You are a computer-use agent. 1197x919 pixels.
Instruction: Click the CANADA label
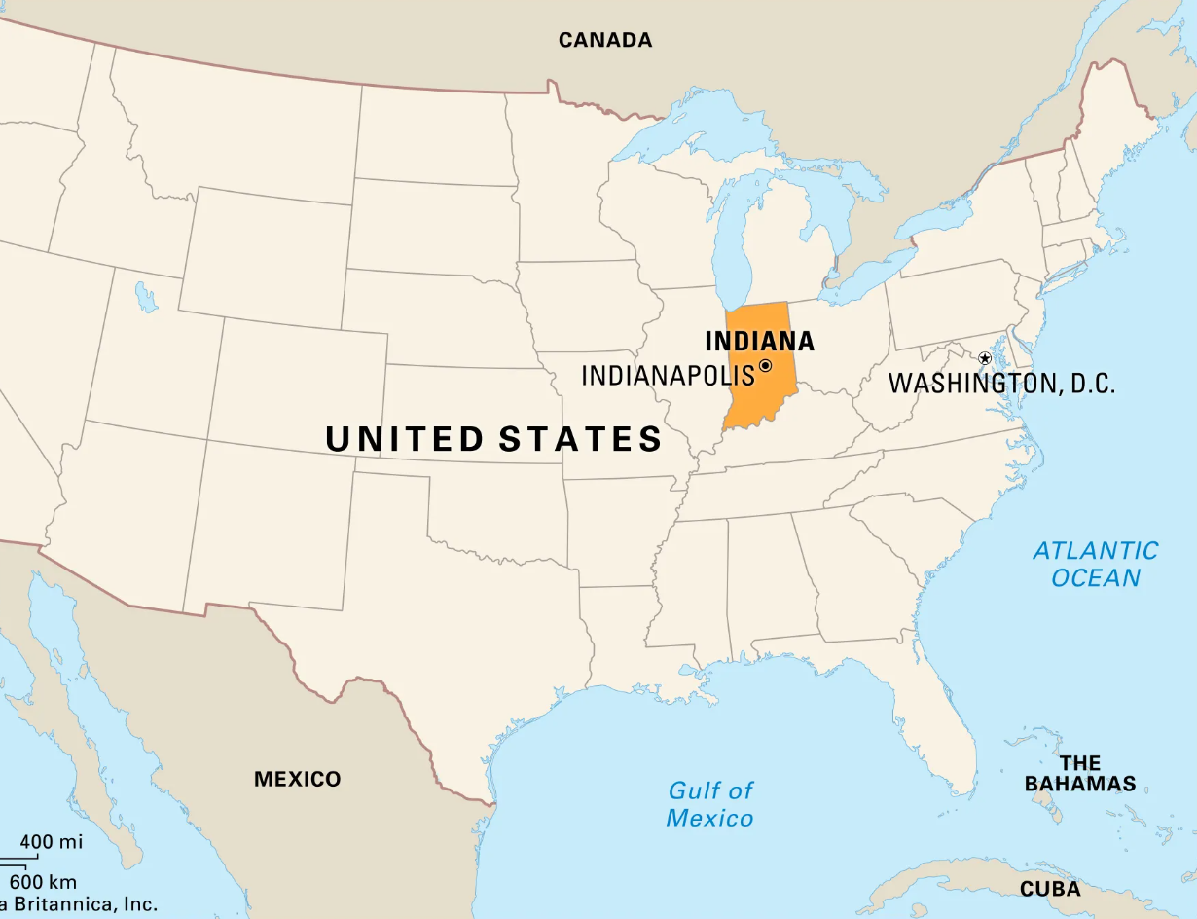click(604, 40)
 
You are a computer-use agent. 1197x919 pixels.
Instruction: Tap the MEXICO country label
click(297, 779)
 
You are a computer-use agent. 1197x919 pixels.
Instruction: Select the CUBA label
click(1050, 889)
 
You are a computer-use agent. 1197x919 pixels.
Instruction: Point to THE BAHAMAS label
click(1080, 773)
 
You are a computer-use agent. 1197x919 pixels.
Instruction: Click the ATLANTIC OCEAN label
click(1096, 564)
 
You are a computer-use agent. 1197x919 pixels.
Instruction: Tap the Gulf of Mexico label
click(709, 804)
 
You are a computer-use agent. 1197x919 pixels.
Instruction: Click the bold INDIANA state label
click(759, 342)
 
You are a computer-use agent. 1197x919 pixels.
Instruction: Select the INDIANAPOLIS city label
click(668, 375)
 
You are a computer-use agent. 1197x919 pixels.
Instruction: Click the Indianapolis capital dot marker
click(765, 366)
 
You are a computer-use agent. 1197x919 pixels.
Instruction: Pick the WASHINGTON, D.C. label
click(1001, 383)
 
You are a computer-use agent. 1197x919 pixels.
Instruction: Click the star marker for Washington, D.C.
click(984, 359)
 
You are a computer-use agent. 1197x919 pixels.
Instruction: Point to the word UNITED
click(404, 439)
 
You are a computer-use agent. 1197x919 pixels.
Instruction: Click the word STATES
click(580, 439)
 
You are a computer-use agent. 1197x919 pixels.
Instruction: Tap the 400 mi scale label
click(51, 842)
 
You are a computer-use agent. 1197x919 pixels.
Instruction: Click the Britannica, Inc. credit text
click(83, 904)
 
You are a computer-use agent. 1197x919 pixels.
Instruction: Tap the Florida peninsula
click(939, 720)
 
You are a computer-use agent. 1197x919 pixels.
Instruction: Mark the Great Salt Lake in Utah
click(146, 297)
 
